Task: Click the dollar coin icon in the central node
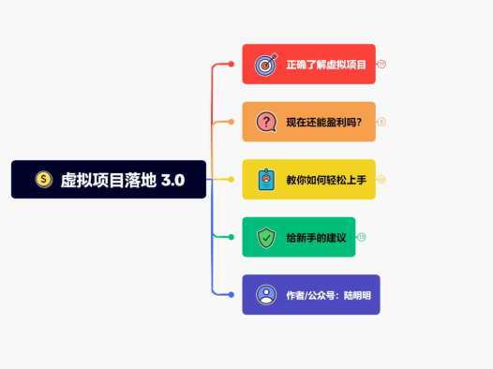point(43,179)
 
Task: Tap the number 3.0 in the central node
point(172,179)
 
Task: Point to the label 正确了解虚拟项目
point(326,64)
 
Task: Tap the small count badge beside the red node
point(382,64)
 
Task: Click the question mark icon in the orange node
point(266,122)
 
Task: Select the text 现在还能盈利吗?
point(323,122)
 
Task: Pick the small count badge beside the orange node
point(382,122)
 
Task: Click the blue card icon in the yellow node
point(266,179)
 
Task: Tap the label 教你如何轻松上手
point(323,179)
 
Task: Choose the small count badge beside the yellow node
point(382,179)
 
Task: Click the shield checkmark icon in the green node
point(266,237)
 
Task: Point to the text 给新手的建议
point(316,237)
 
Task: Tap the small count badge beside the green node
point(362,237)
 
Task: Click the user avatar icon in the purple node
point(266,294)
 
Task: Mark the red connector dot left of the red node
point(231,64)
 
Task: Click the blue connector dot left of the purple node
point(231,294)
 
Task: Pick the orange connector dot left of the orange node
point(231,122)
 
